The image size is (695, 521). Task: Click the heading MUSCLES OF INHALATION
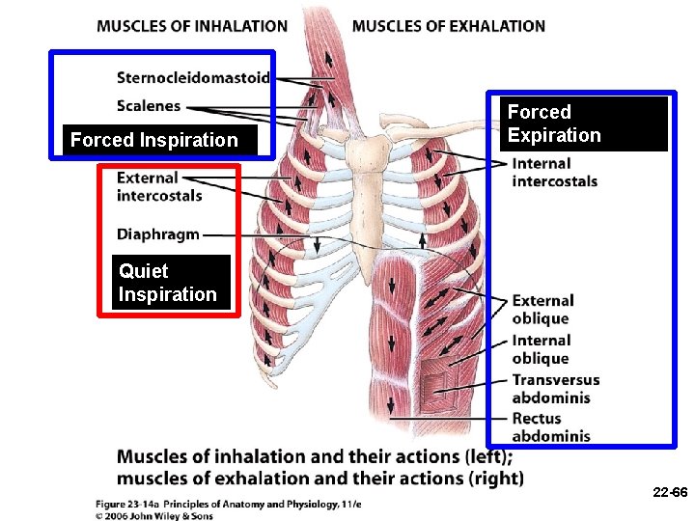tap(191, 26)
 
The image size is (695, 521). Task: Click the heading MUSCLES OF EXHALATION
tap(449, 26)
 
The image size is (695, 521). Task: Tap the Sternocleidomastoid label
tap(193, 77)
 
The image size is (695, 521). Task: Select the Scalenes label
tap(149, 105)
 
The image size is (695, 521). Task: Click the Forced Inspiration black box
tap(154, 140)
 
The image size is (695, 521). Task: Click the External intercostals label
tap(159, 186)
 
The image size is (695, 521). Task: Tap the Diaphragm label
tap(158, 233)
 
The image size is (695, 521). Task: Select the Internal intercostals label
tap(554, 172)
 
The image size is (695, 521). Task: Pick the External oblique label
tap(542, 310)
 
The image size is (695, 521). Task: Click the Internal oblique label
tap(542, 349)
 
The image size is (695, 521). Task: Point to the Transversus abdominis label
tap(555, 389)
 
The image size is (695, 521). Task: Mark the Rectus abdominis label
tap(550, 427)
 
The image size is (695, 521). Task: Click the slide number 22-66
tap(669, 492)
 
